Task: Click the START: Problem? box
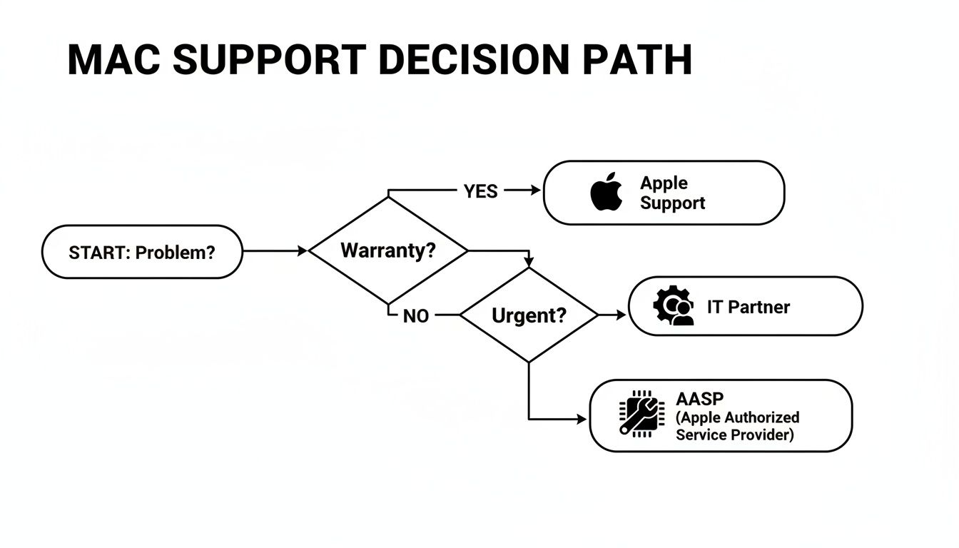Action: click(142, 252)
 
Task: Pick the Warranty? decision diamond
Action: click(388, 250)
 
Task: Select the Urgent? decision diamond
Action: click(528, 315)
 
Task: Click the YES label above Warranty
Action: click(480, 191)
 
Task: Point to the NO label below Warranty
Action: click(415, 316)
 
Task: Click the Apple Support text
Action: click(672, 193)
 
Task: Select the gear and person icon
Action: click(674, 307)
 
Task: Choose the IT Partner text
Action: click(748, 307)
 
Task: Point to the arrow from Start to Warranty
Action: click(275, 251)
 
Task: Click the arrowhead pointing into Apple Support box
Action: click(536, 191)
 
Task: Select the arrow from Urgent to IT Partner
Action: click(612, 314)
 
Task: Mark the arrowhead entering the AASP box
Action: click(581, 420)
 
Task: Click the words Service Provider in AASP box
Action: click(734, 435)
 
